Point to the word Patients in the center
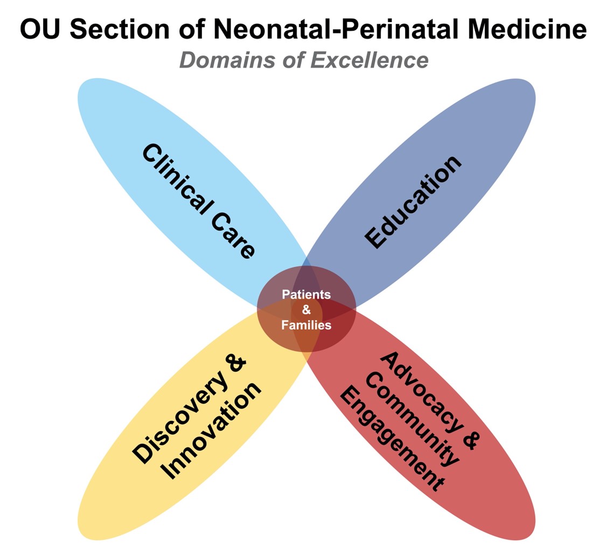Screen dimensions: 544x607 306,295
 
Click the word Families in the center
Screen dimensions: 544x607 306,325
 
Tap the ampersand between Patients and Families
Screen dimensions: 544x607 306,310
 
